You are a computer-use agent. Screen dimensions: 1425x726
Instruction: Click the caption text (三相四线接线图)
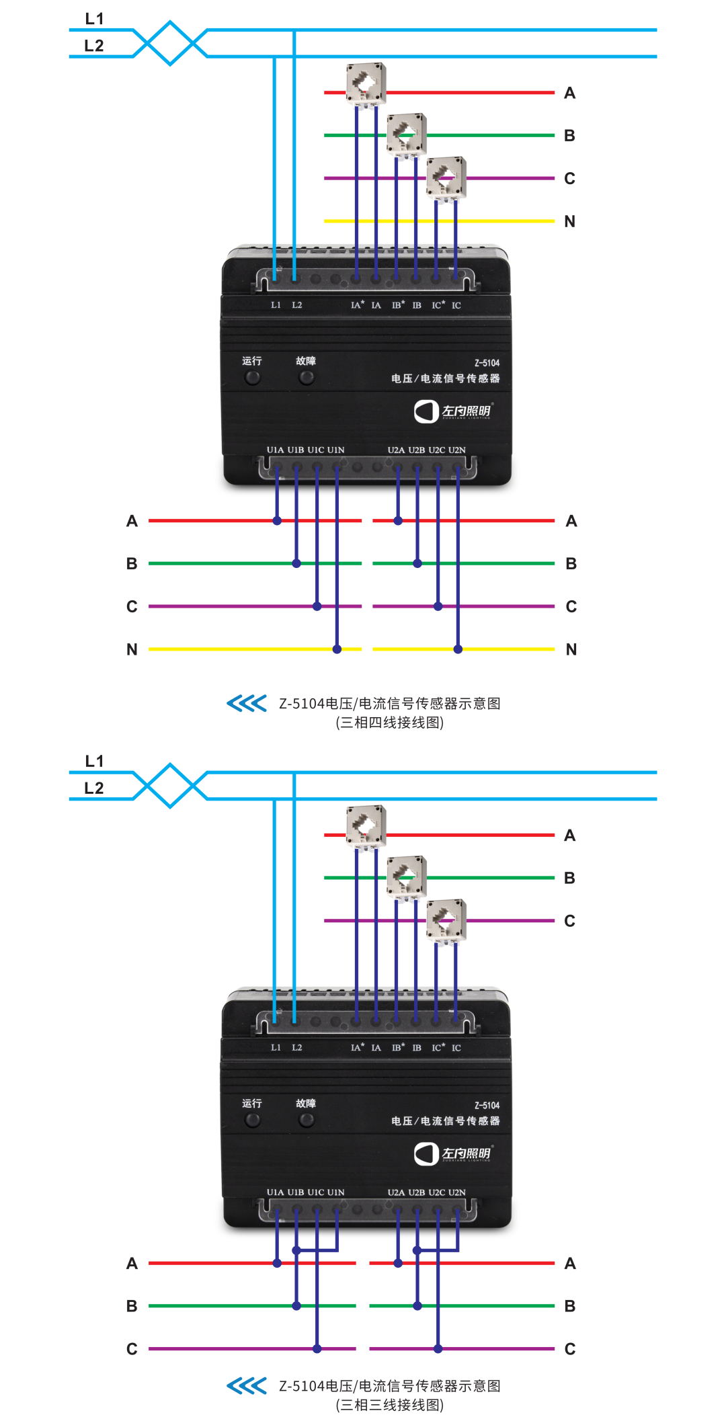pyautogui.click(x=389, y=723)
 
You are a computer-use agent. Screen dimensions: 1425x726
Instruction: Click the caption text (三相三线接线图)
pyautogui.click(x=389, y=1405)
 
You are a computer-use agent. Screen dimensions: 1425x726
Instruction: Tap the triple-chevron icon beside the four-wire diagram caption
pyautogui.click(x=247, y=703)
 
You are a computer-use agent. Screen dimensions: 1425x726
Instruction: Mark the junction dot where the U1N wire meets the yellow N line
pyautogui.click(x=337, y=649)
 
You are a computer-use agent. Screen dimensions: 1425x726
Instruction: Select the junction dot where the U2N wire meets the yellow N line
pyautogui.click(x=458, y=649)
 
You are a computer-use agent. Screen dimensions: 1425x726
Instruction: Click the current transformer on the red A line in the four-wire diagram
pyautogui.click(x=366, y=83)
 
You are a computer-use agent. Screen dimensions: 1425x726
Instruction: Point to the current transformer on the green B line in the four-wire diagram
pyautogui.click(x=406, y=134)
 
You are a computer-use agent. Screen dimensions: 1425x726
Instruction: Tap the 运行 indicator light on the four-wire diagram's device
pyautogui.click(x=252, y=378)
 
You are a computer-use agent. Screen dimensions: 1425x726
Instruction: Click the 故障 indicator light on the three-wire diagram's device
pyautogui.click(x=307, y=1120)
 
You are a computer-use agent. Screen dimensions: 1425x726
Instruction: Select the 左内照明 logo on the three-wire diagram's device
pyautogui.click(x=453, y=1153)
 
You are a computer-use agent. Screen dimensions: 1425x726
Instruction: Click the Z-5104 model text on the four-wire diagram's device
pyautogui.click(x=487, y=363)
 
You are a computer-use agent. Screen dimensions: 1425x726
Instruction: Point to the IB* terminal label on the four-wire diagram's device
pyautogui.click(x=398, y=305)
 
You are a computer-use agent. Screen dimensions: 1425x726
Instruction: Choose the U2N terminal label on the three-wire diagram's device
pyautogui.click(x=456, y=1192)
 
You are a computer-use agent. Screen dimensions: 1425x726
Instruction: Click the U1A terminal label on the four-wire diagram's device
pyautogui.click(x=275, y=450)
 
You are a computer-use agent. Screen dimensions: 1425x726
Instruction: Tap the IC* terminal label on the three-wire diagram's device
pyautogui.click(x=438, y=1047)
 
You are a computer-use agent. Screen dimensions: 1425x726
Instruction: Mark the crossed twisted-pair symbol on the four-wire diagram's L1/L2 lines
pyautogui.click(x=170, y=43)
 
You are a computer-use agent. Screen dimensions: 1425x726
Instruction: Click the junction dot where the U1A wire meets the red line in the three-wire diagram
pyautogui.click(x=277, y=1264)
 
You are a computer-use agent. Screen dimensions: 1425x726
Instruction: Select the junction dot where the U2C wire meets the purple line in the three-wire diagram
pyautogui.click(x=438, y=1348)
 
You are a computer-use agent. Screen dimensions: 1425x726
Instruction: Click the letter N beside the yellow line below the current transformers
pyautogui.click(x=569, y=221)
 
